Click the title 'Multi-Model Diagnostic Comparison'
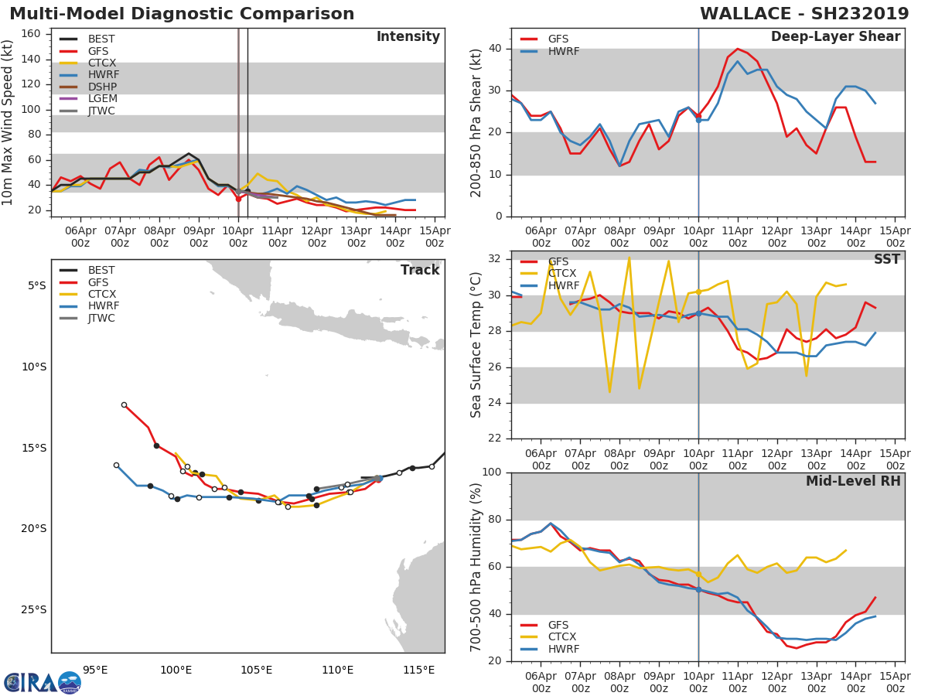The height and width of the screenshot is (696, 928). pyautogui.click(x=182, y=14)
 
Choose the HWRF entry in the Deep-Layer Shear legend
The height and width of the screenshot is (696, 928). pyautogui.click(x=563, y=51)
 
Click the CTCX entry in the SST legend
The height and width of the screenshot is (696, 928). pyautogui.click(x=563, y=274)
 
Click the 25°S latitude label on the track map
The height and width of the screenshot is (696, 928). pyautogui.click(x=32, y=609)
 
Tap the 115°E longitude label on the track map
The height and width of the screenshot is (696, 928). pyautogui.click(x=418, y=670)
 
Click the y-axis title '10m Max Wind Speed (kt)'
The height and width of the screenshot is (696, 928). pyautogui.click(x=9, y=122)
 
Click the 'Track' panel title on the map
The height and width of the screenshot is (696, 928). pyautogui.click(x=420, y=270)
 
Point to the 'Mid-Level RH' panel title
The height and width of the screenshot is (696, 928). pyautogui.click(x=853, y=481)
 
